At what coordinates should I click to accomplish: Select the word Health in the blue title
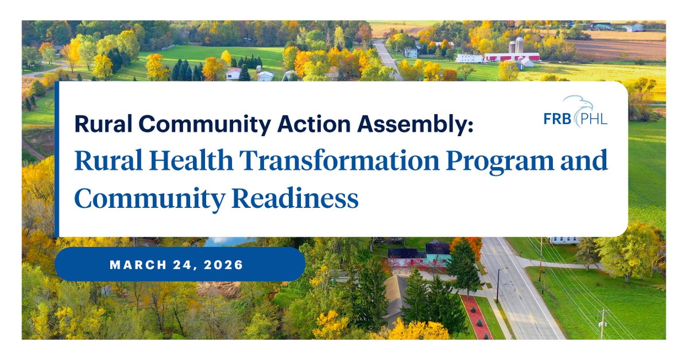point(191,160)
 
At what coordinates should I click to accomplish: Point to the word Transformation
point(339,160)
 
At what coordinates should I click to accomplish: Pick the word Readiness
point(295,199)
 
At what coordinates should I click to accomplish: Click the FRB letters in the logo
point(558,119)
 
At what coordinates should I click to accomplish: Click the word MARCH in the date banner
point(138,265)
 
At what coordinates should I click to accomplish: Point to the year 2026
point(223,265)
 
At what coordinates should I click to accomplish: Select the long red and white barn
point(512,57)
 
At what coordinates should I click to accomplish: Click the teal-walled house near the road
point(438,256)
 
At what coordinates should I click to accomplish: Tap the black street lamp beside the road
point(499,285)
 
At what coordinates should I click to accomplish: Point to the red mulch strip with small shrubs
point(476,317)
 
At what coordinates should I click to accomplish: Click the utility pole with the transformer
point(602,324)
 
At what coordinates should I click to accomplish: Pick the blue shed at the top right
point(634,28)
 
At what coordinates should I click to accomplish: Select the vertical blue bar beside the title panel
point(57,159)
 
